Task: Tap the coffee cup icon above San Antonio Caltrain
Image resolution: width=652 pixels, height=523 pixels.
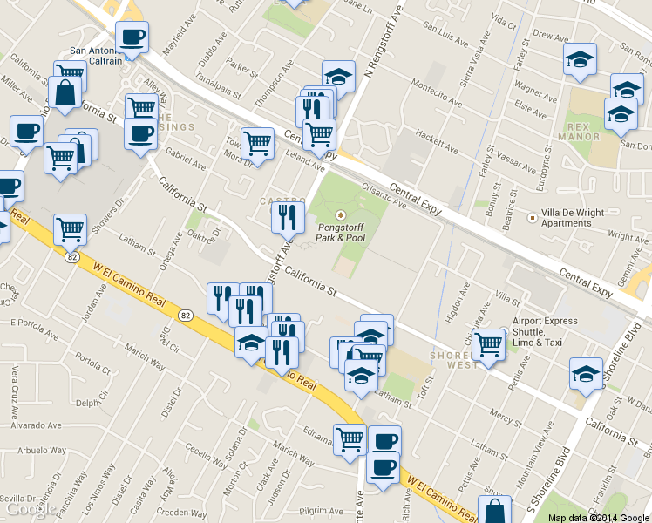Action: [132, 37]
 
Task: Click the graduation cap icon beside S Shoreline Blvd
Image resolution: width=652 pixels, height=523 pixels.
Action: [586, 374]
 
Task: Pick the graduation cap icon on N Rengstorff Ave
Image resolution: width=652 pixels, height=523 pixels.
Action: [338, 76]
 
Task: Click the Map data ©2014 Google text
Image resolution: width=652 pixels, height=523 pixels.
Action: [599, 517]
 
